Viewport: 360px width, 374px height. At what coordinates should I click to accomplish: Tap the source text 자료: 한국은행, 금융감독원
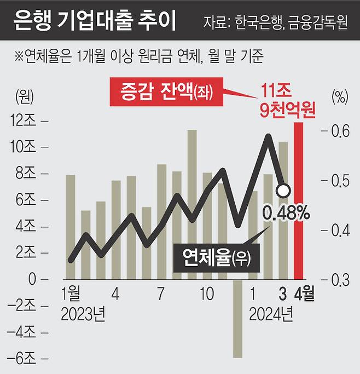coord(275,24)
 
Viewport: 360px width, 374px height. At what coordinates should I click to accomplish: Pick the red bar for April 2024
coord(299,200)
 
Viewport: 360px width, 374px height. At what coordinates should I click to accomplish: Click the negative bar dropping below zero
coord(237,319)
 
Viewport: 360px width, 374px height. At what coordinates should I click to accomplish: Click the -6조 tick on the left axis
coord(22,359)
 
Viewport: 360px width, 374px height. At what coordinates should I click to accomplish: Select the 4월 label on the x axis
coord(304,295)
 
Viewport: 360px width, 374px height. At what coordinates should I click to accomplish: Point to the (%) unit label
coord(339,98)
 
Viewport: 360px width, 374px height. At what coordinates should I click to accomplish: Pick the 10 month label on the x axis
coord(206,295)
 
